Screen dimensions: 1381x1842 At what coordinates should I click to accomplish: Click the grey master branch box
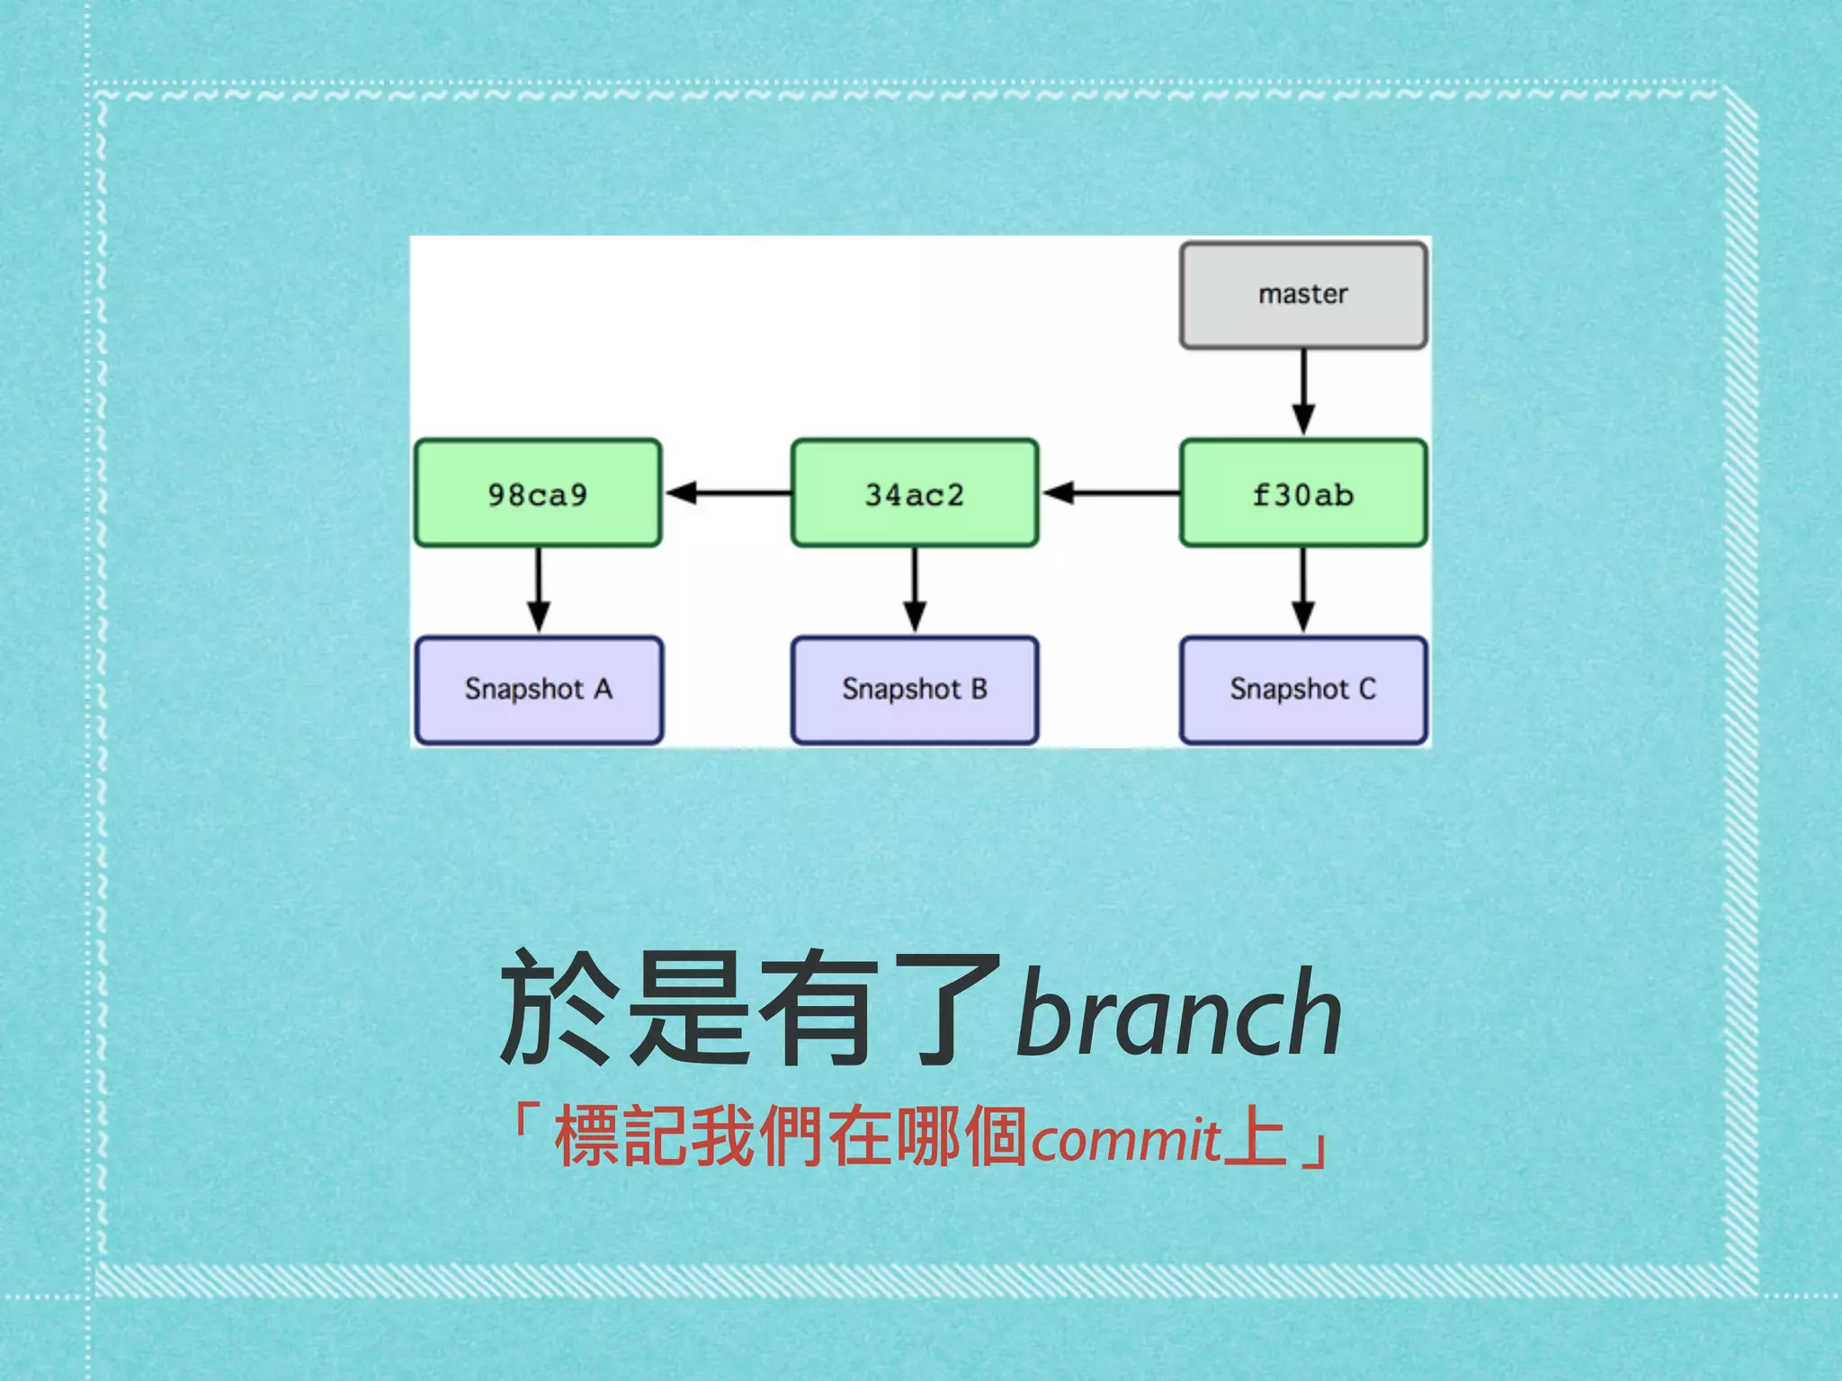[x=1302, y=295]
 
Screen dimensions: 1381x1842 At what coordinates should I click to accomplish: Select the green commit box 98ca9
[x=538, y=494]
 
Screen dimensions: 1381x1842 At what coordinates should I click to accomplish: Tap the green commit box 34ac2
[x=915, y=494]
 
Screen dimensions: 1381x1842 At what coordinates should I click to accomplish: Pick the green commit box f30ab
[x=1302, y=494]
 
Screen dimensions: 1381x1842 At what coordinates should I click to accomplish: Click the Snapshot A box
[x=538, y=690]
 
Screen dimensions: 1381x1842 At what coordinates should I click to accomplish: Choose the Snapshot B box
[x=915, y=690]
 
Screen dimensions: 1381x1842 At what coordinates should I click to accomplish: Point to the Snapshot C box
[x=1302, y=690]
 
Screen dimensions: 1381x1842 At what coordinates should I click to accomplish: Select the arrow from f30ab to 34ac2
[x=1110, y=493]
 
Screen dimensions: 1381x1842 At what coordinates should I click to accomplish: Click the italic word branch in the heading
[x=1178, y=1011]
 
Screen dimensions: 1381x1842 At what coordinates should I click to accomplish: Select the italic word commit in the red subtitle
[x=1125, y=1140]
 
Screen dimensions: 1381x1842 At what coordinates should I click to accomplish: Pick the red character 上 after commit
[x=1256, y=1136]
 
